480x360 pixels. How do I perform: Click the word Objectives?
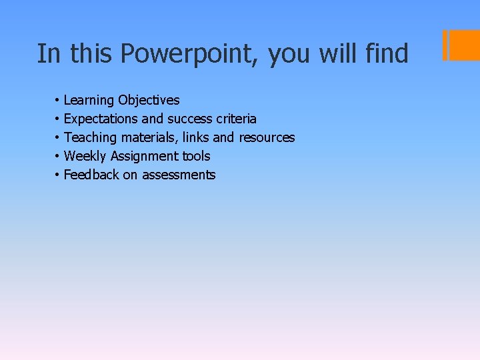click(x=149, y=101)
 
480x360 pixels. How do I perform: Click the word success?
click(x=189, y=119)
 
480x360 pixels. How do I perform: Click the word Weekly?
click(x=85, y=156)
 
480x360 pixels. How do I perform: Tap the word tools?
click(x=196, y=156)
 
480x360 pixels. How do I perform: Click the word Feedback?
click(x=91, y=175)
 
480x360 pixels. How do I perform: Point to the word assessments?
click(x=179, y=175)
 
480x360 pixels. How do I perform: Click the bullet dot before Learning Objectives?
click(x=58, y=101)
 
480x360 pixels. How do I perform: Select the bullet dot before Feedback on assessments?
click(x=58, y=175)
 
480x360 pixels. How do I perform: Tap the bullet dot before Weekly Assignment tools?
click(x=58, y=157)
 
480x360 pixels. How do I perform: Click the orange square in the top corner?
click(x=464, y=45)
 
